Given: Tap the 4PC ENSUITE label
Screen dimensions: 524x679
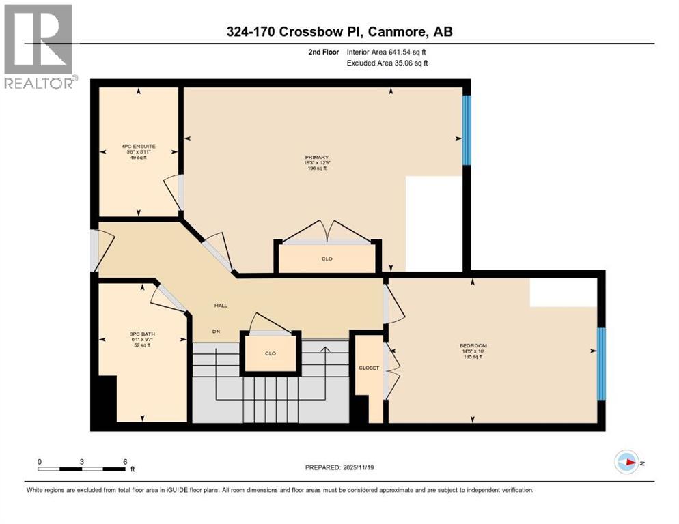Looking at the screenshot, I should point(135,146).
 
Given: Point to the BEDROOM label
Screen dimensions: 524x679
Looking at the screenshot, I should point(473,345).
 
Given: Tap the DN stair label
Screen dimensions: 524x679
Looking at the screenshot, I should point(217,331).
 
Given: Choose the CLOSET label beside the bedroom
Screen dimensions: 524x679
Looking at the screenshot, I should point(368,368).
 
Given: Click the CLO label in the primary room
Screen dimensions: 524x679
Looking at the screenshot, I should point(327,259).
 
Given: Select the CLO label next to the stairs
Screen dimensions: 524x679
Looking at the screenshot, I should point(270,353).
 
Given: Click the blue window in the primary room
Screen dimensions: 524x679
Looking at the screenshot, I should point(467,130).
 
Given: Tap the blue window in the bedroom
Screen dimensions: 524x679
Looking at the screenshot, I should point(601,364).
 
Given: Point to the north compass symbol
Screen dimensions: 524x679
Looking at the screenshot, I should point(626,462).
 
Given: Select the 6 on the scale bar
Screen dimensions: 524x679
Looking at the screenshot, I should point(125,461).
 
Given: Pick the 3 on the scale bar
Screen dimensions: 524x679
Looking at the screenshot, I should point(82,461).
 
